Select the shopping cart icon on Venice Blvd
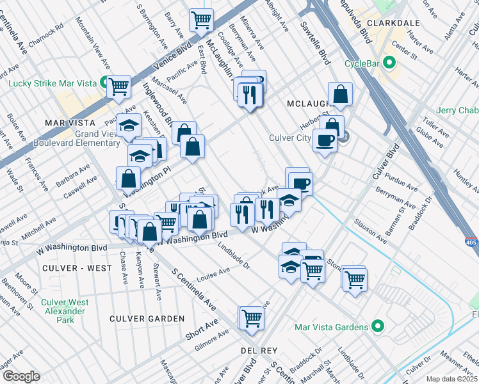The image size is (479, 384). (x=201, y=20)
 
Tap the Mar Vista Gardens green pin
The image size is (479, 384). (x=377, y=327)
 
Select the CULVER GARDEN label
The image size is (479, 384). (x=147, y=319)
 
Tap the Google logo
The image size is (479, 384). (x=20, y=376)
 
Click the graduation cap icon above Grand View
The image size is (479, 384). (x=129, y=124)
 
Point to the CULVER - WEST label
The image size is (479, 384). (x=69, y=268)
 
